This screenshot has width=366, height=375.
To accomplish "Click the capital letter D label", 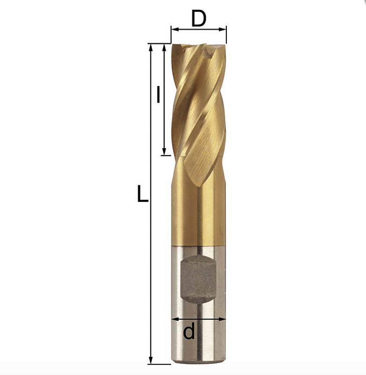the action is coord(199,19).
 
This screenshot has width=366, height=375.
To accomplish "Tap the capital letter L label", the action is coord(143,194).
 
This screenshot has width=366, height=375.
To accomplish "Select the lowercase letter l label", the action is coord(158,95).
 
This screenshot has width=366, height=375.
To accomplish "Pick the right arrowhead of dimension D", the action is coord(223,30).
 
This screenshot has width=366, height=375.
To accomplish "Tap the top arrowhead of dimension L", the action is coord(150,48).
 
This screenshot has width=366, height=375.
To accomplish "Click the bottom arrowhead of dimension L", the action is coord(150,360).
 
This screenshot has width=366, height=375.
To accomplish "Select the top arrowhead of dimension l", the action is coord(164,48).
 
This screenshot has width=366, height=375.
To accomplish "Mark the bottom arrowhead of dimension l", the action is coord(164,151).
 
